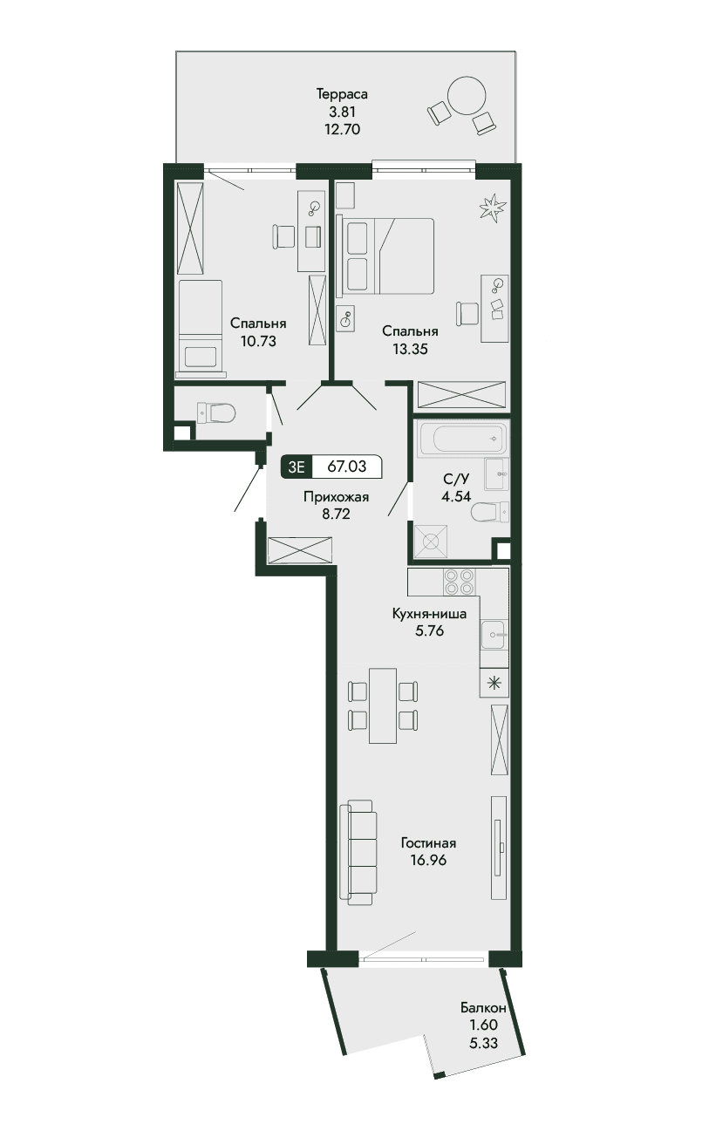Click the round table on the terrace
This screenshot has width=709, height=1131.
pyautogui.click(x=466, y=95)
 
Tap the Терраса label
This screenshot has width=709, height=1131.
pyautogui.click(x=342, y=94)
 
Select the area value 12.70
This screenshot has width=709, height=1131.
pyautogui.click(x=342, y=129)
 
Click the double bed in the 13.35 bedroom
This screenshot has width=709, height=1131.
pyautogui.click(x=386, y=255)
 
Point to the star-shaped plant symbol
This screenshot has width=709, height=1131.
pyautogui.click(x=493, y=207)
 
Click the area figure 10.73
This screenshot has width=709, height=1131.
pyautogui.click(x=258, y=341)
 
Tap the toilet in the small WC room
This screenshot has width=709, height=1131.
pyautogui.click(x=215, y=413)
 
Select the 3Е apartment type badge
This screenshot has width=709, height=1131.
pyautogui.click(x=297, y=467)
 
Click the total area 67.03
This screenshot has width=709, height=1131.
pyautogui.click(x=347, y=467)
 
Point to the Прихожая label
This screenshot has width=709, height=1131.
pyautogui.click(x=337, y=497)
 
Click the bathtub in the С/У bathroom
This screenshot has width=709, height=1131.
pyautogui.click(x=461, y=439)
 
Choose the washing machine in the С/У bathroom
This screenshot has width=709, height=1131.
pyautogui.click(x=431, y=542)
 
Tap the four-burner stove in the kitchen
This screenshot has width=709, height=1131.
pyautogui.click(x=459, y=583)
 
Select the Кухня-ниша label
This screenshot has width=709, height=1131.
pyautogui.click(x=429, y=614)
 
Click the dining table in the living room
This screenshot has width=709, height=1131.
pyautogui.click(x=383, y=705)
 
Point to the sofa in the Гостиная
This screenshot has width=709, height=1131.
pyautogui.click(x=358, y=853)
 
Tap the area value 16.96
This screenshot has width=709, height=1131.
pyautogui.click(x=429, y=860)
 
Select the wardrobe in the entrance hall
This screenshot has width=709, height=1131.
pyautogui.click(x=300, y=550)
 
